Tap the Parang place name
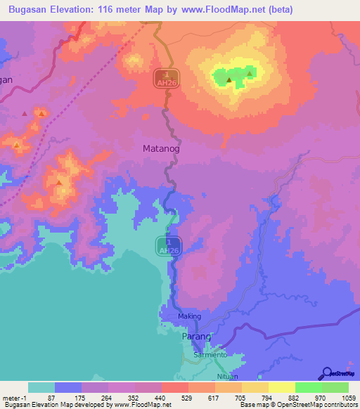click(x=196, y=337)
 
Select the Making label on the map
click(x=189, y=316)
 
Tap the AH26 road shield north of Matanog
click(x=167, y=79)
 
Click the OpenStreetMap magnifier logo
click(x=326, y=373)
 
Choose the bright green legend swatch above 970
click(x=308, y=387)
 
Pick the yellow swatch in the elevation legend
click(x=281, y=387)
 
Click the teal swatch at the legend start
click(x=41, y=387)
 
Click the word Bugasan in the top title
click(x=27, y=10)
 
